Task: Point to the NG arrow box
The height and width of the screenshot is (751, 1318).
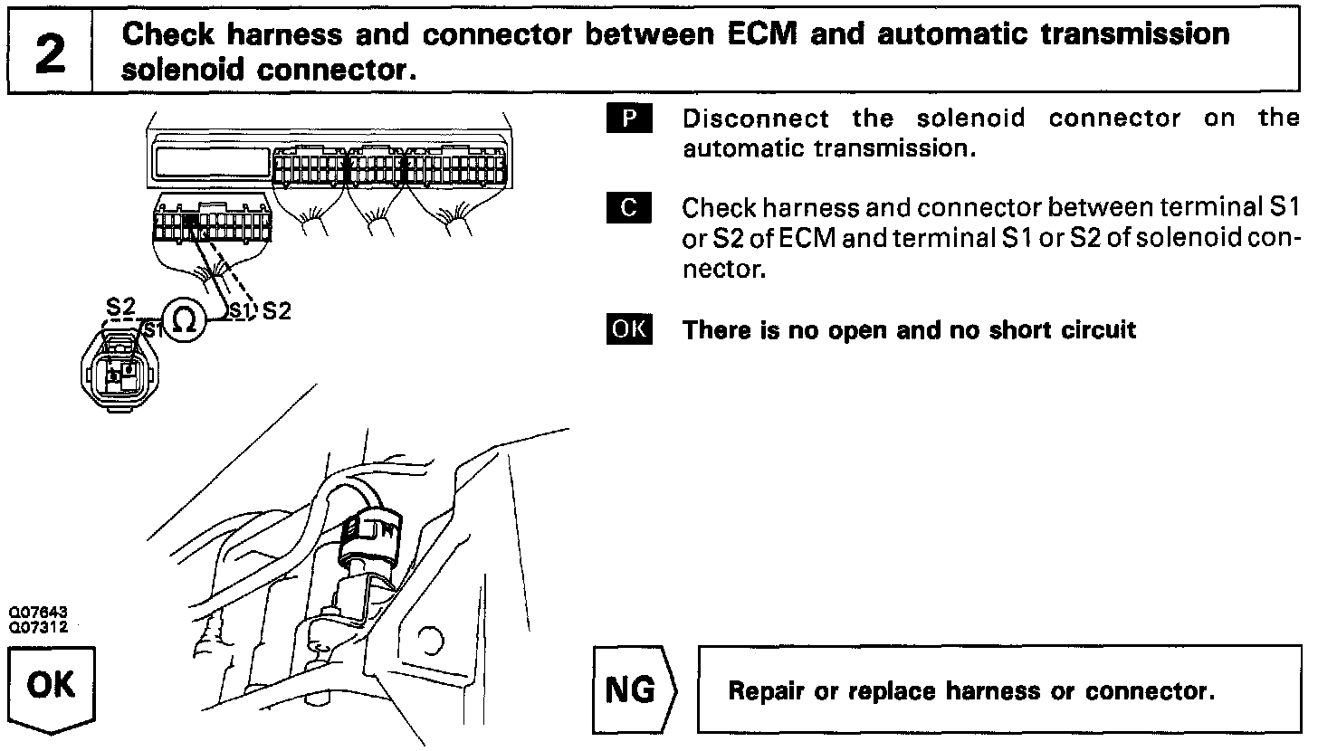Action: point(635,690)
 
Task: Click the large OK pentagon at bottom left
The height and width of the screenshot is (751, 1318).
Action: point(52,687)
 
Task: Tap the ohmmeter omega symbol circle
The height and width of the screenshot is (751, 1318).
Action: point(184,320)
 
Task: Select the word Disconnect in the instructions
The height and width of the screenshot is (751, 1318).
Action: point(756,119)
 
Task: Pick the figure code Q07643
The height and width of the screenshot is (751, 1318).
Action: point(39,613)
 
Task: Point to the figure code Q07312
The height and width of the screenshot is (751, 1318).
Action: point(39,625)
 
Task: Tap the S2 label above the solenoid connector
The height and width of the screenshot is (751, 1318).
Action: point(120,307)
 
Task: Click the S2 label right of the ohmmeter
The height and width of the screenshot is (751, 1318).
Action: point(276,311)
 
